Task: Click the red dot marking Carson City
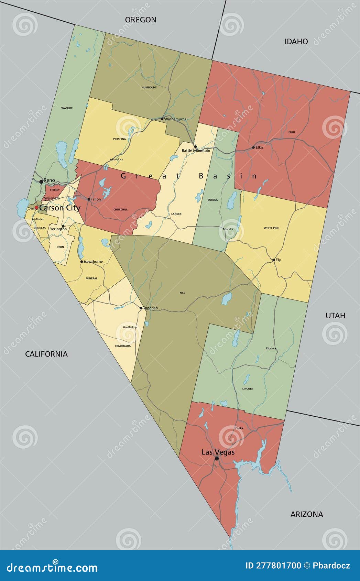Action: click(36, 208)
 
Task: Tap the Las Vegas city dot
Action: click(217, 458)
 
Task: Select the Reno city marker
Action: click(41, 181)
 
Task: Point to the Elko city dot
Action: click(253, 147)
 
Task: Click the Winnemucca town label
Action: click(175, 119)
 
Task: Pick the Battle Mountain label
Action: click(196, 151)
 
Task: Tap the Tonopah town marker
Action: click(141, 308)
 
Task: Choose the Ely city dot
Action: click(274, 260)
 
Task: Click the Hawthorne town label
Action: click(93, 262)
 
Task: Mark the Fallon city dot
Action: click(89, 199)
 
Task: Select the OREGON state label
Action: click(141, 20)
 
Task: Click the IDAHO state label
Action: click(296, 42)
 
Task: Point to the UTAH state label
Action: click(335, 316)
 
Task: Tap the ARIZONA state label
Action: click(307, 514)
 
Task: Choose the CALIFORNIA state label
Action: click(46, 354)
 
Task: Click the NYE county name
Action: click(182, 293)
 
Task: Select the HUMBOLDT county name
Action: click(149, 88)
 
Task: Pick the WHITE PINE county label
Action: click(271, 228)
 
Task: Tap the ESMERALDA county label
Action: click(123, 346)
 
